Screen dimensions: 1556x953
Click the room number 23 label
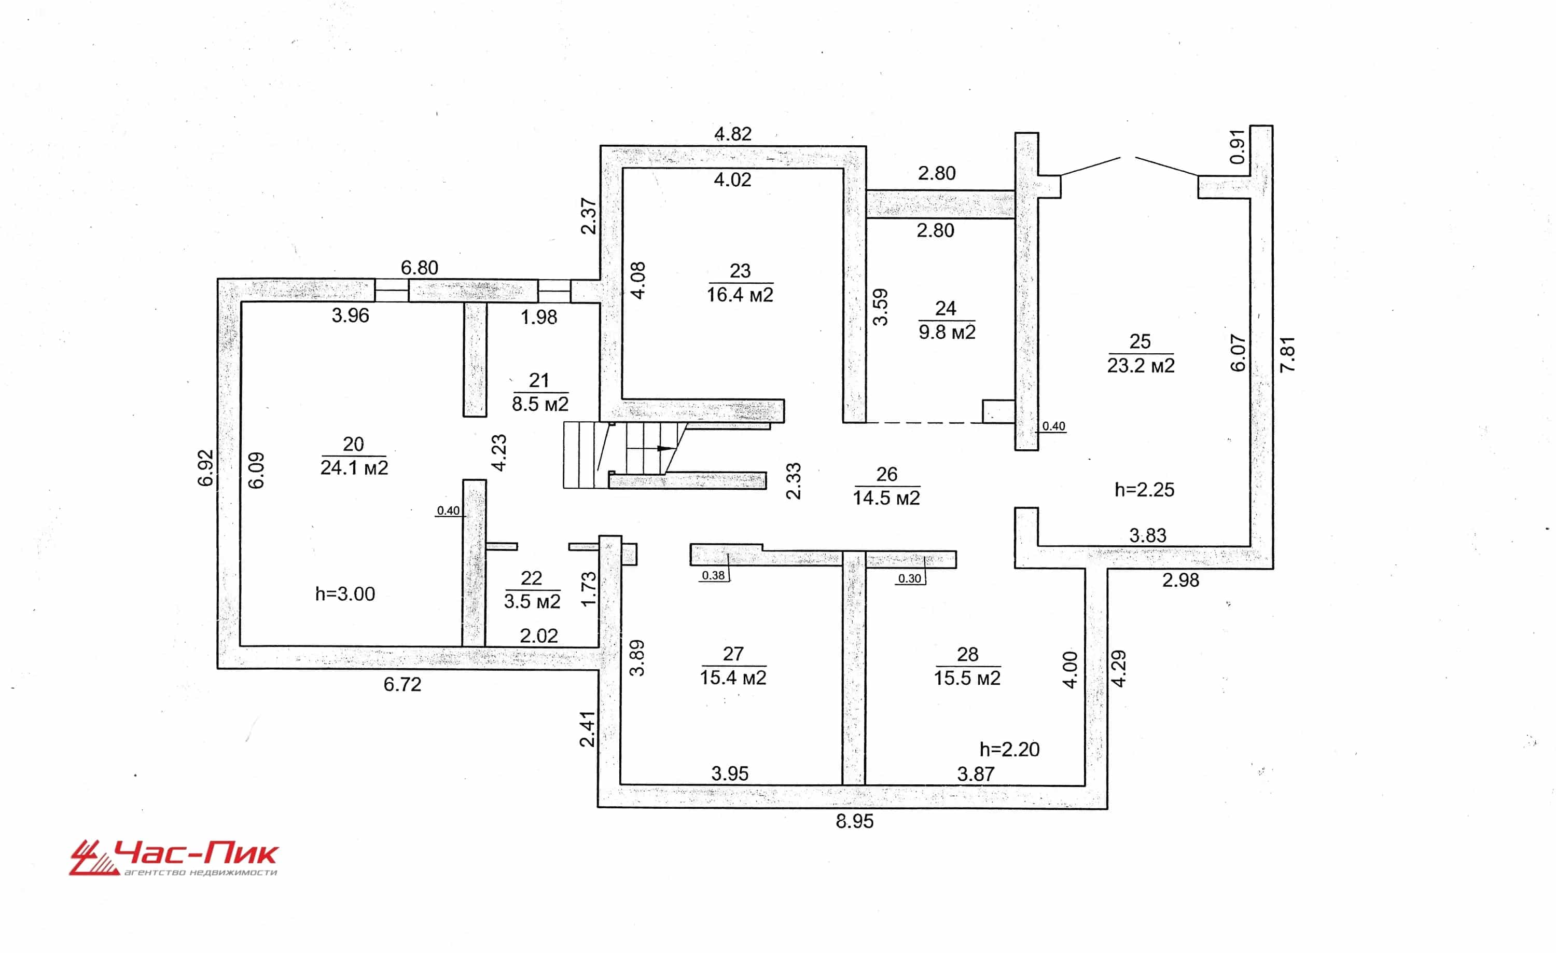(x=740, y=271)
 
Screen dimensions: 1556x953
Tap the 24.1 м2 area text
(x=354, y=467)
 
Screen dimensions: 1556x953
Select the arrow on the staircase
(x=650, y=448)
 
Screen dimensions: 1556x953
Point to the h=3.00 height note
(x=345, y=593)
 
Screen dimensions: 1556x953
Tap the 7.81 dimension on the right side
(x=1287, y=354)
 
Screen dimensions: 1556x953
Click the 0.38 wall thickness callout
(x=714, y=575)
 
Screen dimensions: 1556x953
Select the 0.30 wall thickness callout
(x=910, y=578)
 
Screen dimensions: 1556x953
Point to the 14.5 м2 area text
(x=886, y=498)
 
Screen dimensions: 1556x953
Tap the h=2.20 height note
(x=1010, y=749)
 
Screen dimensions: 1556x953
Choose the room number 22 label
(x=531, y=578)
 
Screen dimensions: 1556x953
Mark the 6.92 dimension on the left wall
(x=206, y=468)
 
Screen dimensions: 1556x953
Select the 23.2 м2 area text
(x=1141, y=365)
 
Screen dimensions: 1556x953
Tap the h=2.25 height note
(x=1145, y=489)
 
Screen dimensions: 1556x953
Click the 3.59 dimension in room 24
(x=880, y=307)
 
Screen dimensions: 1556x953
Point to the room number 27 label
(x=733, y=654)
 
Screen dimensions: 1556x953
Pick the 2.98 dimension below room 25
(x=1181, y=580)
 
